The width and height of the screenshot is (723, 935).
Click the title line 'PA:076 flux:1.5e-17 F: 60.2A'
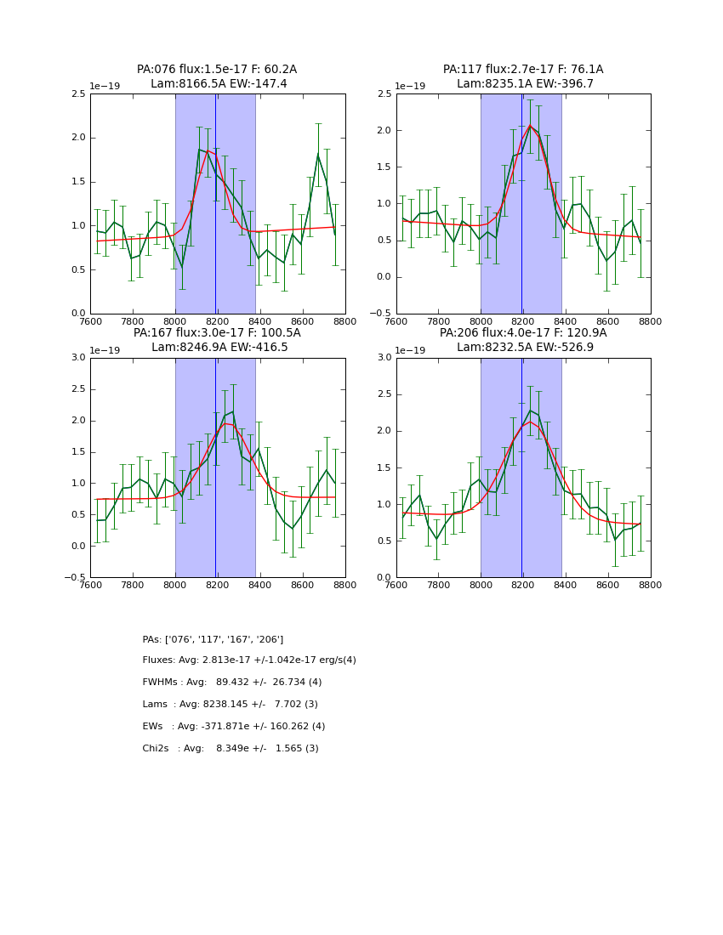point(217,70)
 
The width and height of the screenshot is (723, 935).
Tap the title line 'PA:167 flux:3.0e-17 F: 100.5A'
point(217,333)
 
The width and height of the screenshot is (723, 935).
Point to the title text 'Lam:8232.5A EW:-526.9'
point(523,348)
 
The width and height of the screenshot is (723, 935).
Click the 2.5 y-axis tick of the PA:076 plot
point(78,93)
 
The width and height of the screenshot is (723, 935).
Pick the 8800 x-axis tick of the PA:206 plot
point(650,586)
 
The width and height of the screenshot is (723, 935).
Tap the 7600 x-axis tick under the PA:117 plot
point(396,322)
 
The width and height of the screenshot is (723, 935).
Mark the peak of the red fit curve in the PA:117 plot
point(530,126)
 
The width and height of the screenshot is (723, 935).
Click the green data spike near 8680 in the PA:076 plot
point(318,154)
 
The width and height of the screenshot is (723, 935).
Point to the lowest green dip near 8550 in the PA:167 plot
point(293,529)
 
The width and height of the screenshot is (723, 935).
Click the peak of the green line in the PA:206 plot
point(530,411)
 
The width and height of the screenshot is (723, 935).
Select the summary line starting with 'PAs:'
point(213,639)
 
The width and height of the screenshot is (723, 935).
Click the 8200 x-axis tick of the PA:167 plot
point(217,586)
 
